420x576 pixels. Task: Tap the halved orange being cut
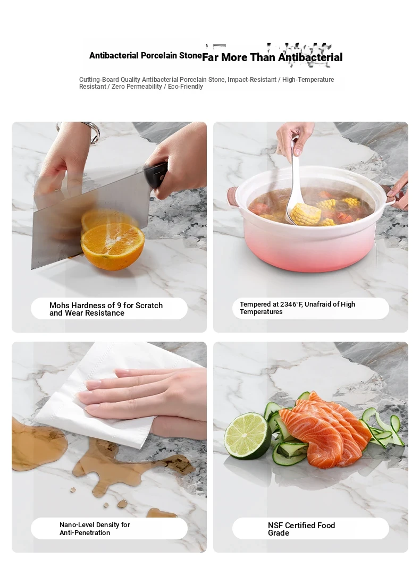[x=113, y=246]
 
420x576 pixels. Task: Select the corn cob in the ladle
[x=305, y=214]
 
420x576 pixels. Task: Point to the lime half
[x=247, y=436]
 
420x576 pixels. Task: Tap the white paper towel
[x=110, y=397]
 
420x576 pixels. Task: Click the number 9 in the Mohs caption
[x=119, y=305]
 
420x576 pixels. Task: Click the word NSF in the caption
[x=275, y=526]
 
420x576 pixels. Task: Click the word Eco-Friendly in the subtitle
[x=185, y=87]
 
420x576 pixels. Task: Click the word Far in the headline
[x=210, y=57]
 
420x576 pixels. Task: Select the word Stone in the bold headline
[x=190, y=55]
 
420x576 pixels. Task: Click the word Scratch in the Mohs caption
[x=149, y=305]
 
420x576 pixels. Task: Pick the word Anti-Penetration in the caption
[x=85, y=532]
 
